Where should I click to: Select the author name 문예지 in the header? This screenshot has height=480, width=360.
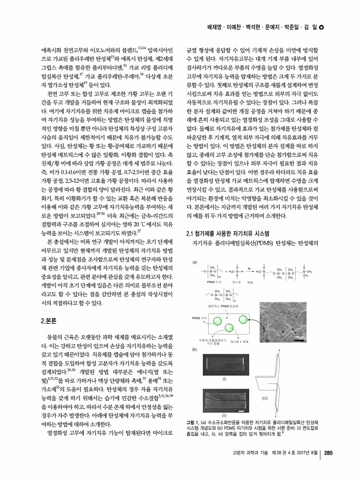pos(274,28)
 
